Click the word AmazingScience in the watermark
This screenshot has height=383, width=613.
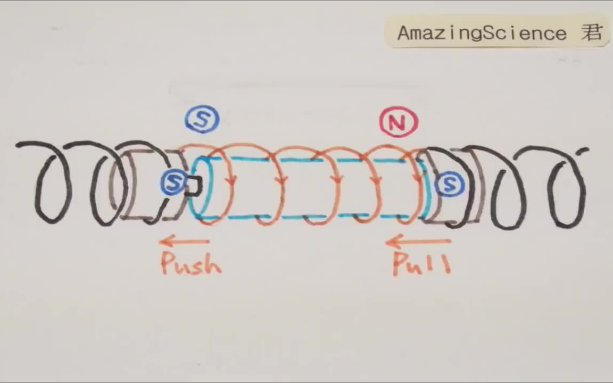coord(482,33)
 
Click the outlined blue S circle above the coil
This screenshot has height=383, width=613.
coord(202,120)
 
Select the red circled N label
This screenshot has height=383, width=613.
coord(398,123)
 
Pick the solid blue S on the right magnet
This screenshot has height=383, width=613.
coord(449,185)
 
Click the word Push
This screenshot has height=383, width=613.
coord(191,263)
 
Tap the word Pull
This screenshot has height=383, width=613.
coord(421,264)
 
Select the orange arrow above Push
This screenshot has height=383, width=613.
coord(184,242)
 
